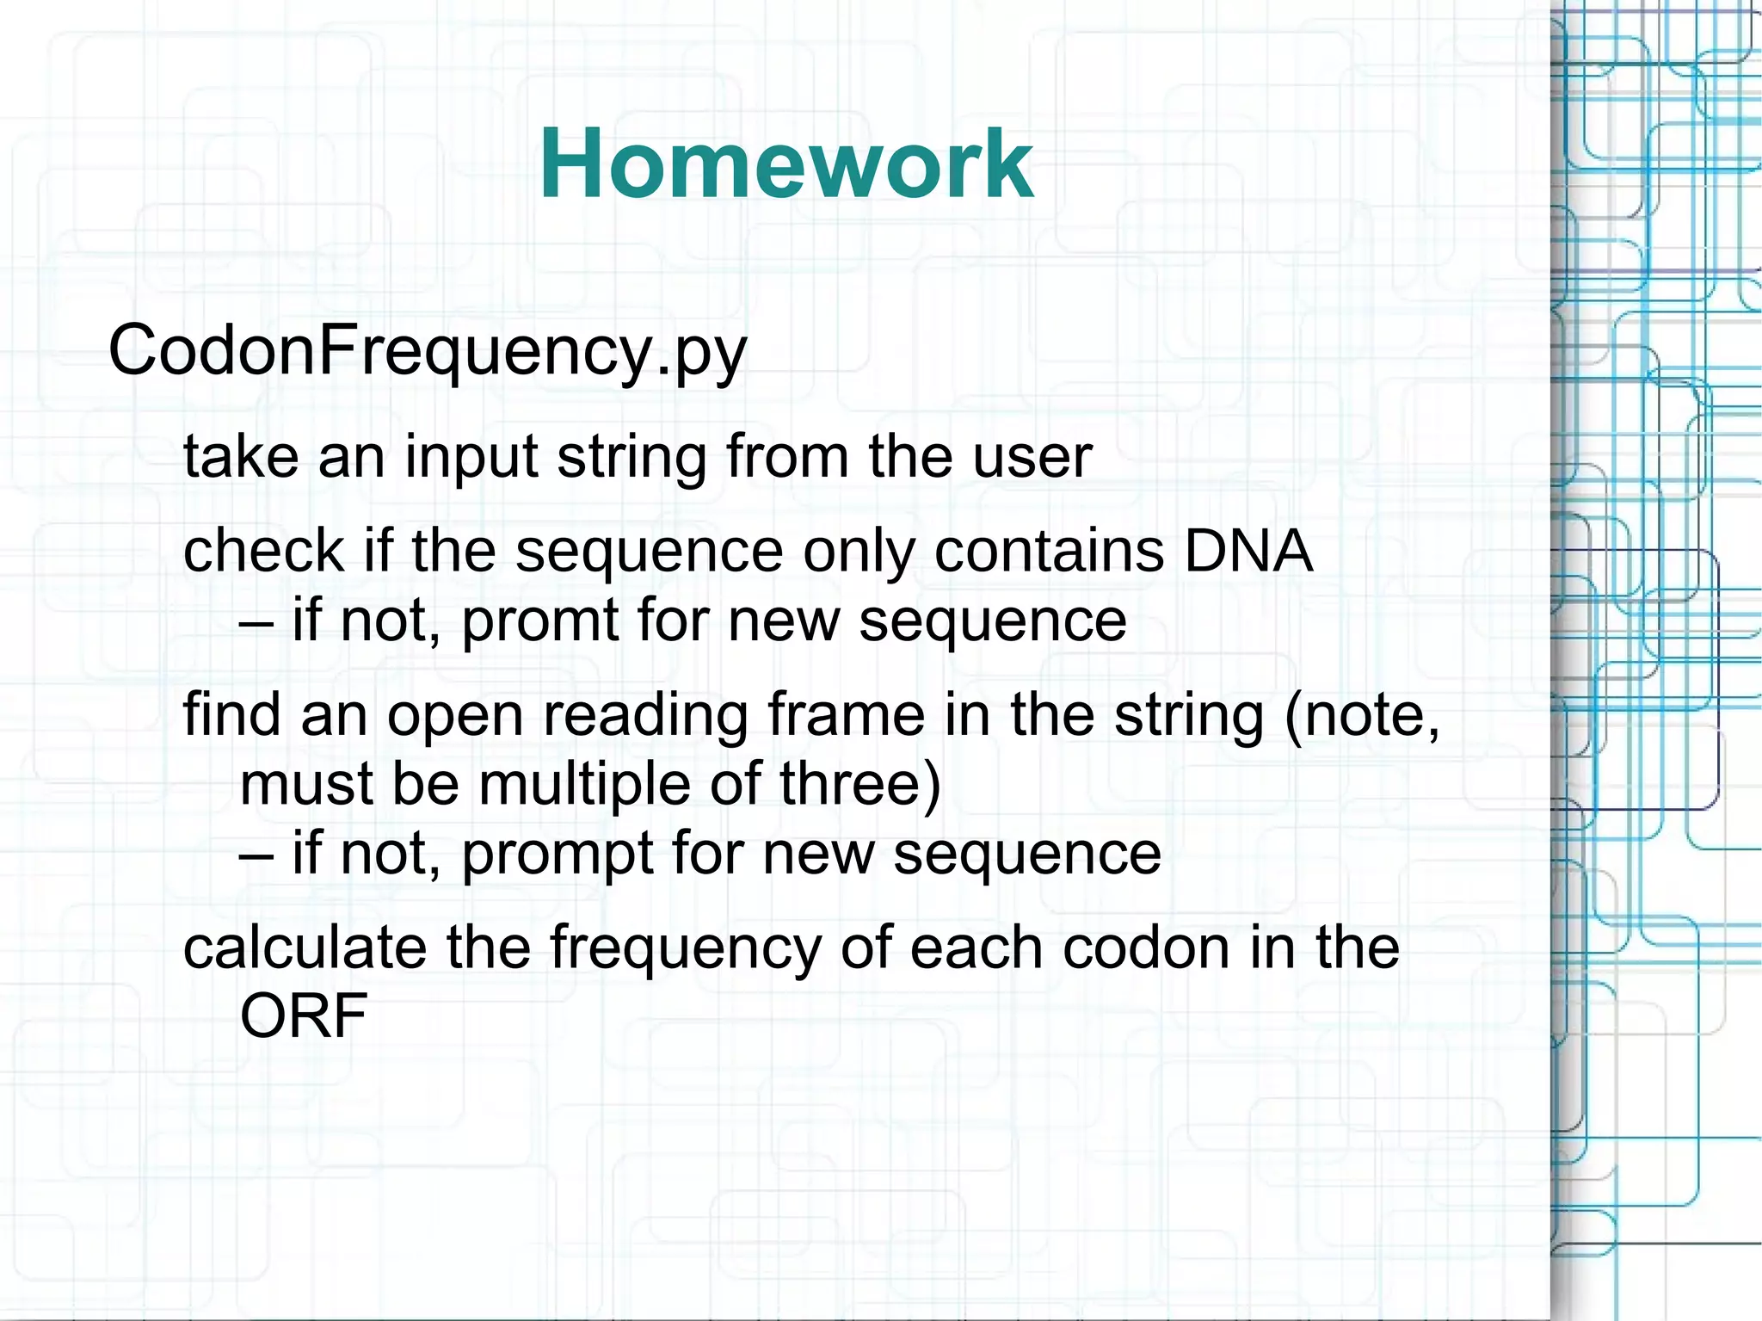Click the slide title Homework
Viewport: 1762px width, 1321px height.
pyautogui.click(x=786, y=164)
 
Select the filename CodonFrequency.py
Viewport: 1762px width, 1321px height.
pyautogui.click(x=427, y=352)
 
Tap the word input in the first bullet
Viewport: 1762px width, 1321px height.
pyautogui.click(x=471, y=457)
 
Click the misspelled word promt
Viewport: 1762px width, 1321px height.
pyautogui.click(x=539, y=621)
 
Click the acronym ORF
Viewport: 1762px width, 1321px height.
pyautogui.click(x=303, y=1016)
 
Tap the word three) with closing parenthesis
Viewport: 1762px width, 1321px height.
pyautogui.click(x=859, y=784)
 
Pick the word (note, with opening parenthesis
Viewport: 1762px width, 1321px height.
pyautogui.click(x=1361, y=714)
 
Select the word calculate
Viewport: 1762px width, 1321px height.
pyautogui.click(x=305, y=948)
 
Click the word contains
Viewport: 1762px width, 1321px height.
pyautogui.click(x=1049, y=551)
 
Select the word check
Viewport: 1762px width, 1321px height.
pyautogui.click(x=263, y=551)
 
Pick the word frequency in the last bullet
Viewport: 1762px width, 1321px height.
pyautogui.click(x=685, y=948)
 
